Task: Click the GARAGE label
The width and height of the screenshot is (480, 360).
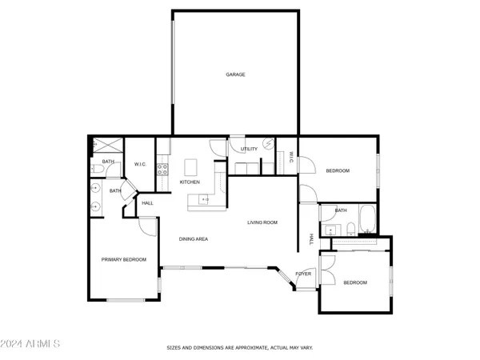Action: click(234, 74)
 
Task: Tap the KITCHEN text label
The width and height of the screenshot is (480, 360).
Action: click(190, 182)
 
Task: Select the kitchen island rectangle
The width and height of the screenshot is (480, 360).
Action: click(190, 166)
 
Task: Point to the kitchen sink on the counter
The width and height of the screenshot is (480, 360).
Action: click(205, 199)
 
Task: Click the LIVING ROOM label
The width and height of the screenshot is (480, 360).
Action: click(262, 222)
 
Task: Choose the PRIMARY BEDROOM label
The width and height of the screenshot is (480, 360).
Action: click(123, 259)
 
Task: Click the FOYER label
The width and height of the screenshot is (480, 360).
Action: click(303, 274)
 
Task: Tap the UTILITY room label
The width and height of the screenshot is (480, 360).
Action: click(249, 149)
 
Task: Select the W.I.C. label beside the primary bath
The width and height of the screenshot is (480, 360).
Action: click(140, 164)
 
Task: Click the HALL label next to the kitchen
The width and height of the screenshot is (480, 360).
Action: click(147, 203)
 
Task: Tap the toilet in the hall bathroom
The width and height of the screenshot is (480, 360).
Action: click(331, 231)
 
